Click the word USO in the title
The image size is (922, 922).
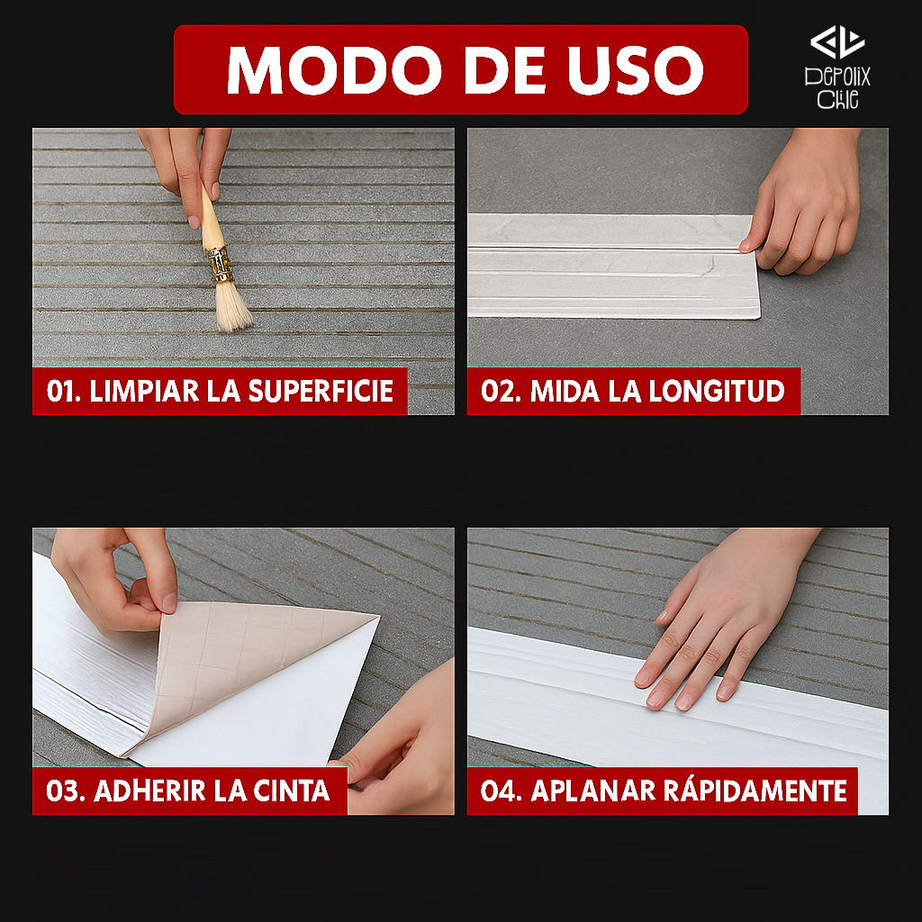[635, 69]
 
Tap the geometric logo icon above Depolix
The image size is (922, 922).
[837, 42]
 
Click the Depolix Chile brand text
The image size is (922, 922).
[837, 87]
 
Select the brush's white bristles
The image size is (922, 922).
[232, 306]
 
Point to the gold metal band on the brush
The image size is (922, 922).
[220, 263]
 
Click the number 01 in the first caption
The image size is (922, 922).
[63, 391]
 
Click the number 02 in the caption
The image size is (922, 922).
[498, 391]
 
